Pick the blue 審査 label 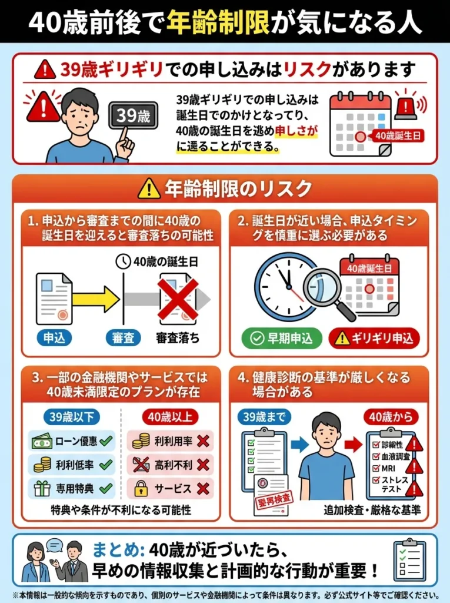pyautogui.click(x=123, y=338)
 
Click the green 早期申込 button pyautogui.click(x=282, y=339)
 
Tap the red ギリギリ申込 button pyautogui.click(x=374, y=339)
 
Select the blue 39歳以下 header pyautogui.click(x=71, y=417)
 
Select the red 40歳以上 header pyautogui.click(x=170, y=417)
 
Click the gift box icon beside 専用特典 pyautogui.click(x=42, y=488)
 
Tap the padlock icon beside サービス pyautogui.click(x=141, y=488)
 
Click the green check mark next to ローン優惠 pyautogui.click(x=106, y=440)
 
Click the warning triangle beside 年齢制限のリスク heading pyautogui.click(x=149, y=189)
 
